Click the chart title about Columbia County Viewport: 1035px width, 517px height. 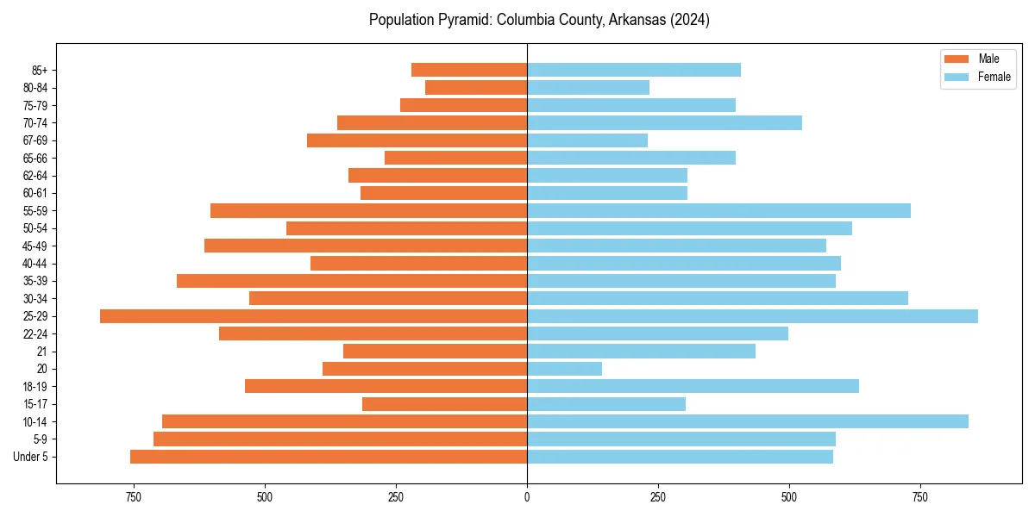[539, 20]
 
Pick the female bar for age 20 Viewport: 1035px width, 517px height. [564, 369]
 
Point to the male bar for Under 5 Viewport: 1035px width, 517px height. [329, 457]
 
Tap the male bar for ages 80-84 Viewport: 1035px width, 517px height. [476, 87]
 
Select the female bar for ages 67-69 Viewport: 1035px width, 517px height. [587, 140]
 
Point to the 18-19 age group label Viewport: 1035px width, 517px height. [35, 387]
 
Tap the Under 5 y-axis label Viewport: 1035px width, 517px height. [31, 457]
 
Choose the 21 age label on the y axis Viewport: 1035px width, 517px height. [42, 352]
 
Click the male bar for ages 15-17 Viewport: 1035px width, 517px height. [444, 404]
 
